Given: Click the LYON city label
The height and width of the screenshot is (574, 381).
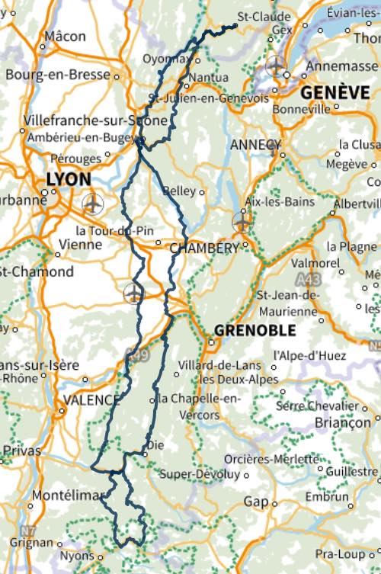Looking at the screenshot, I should (x=69, y=179).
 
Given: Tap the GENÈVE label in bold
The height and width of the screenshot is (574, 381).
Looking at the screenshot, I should (x=335, y=91).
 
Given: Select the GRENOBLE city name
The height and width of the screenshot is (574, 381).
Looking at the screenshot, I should (x=255, y=330).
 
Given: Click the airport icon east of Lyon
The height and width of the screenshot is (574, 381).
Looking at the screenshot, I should (x=92, y=204).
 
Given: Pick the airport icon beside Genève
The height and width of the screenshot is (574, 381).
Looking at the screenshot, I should (x=276, y=66).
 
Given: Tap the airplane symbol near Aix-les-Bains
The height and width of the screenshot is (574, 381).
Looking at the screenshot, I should (x=242, y=222).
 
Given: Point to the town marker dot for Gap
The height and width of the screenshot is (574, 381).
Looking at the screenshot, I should (x=274, y=502).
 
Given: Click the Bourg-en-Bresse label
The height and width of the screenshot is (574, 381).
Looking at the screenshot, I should (x=58, y=75).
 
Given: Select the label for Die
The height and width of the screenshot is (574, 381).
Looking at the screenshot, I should (x=155, y=445).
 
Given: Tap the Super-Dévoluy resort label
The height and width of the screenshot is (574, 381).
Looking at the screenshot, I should (x=200, y=474).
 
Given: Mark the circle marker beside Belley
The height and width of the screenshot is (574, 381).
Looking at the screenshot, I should (x=202, y=192).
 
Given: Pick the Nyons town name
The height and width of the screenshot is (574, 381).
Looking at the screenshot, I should (x=76, y=556).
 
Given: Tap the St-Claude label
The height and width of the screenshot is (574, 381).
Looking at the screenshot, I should (x=264, y=16).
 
